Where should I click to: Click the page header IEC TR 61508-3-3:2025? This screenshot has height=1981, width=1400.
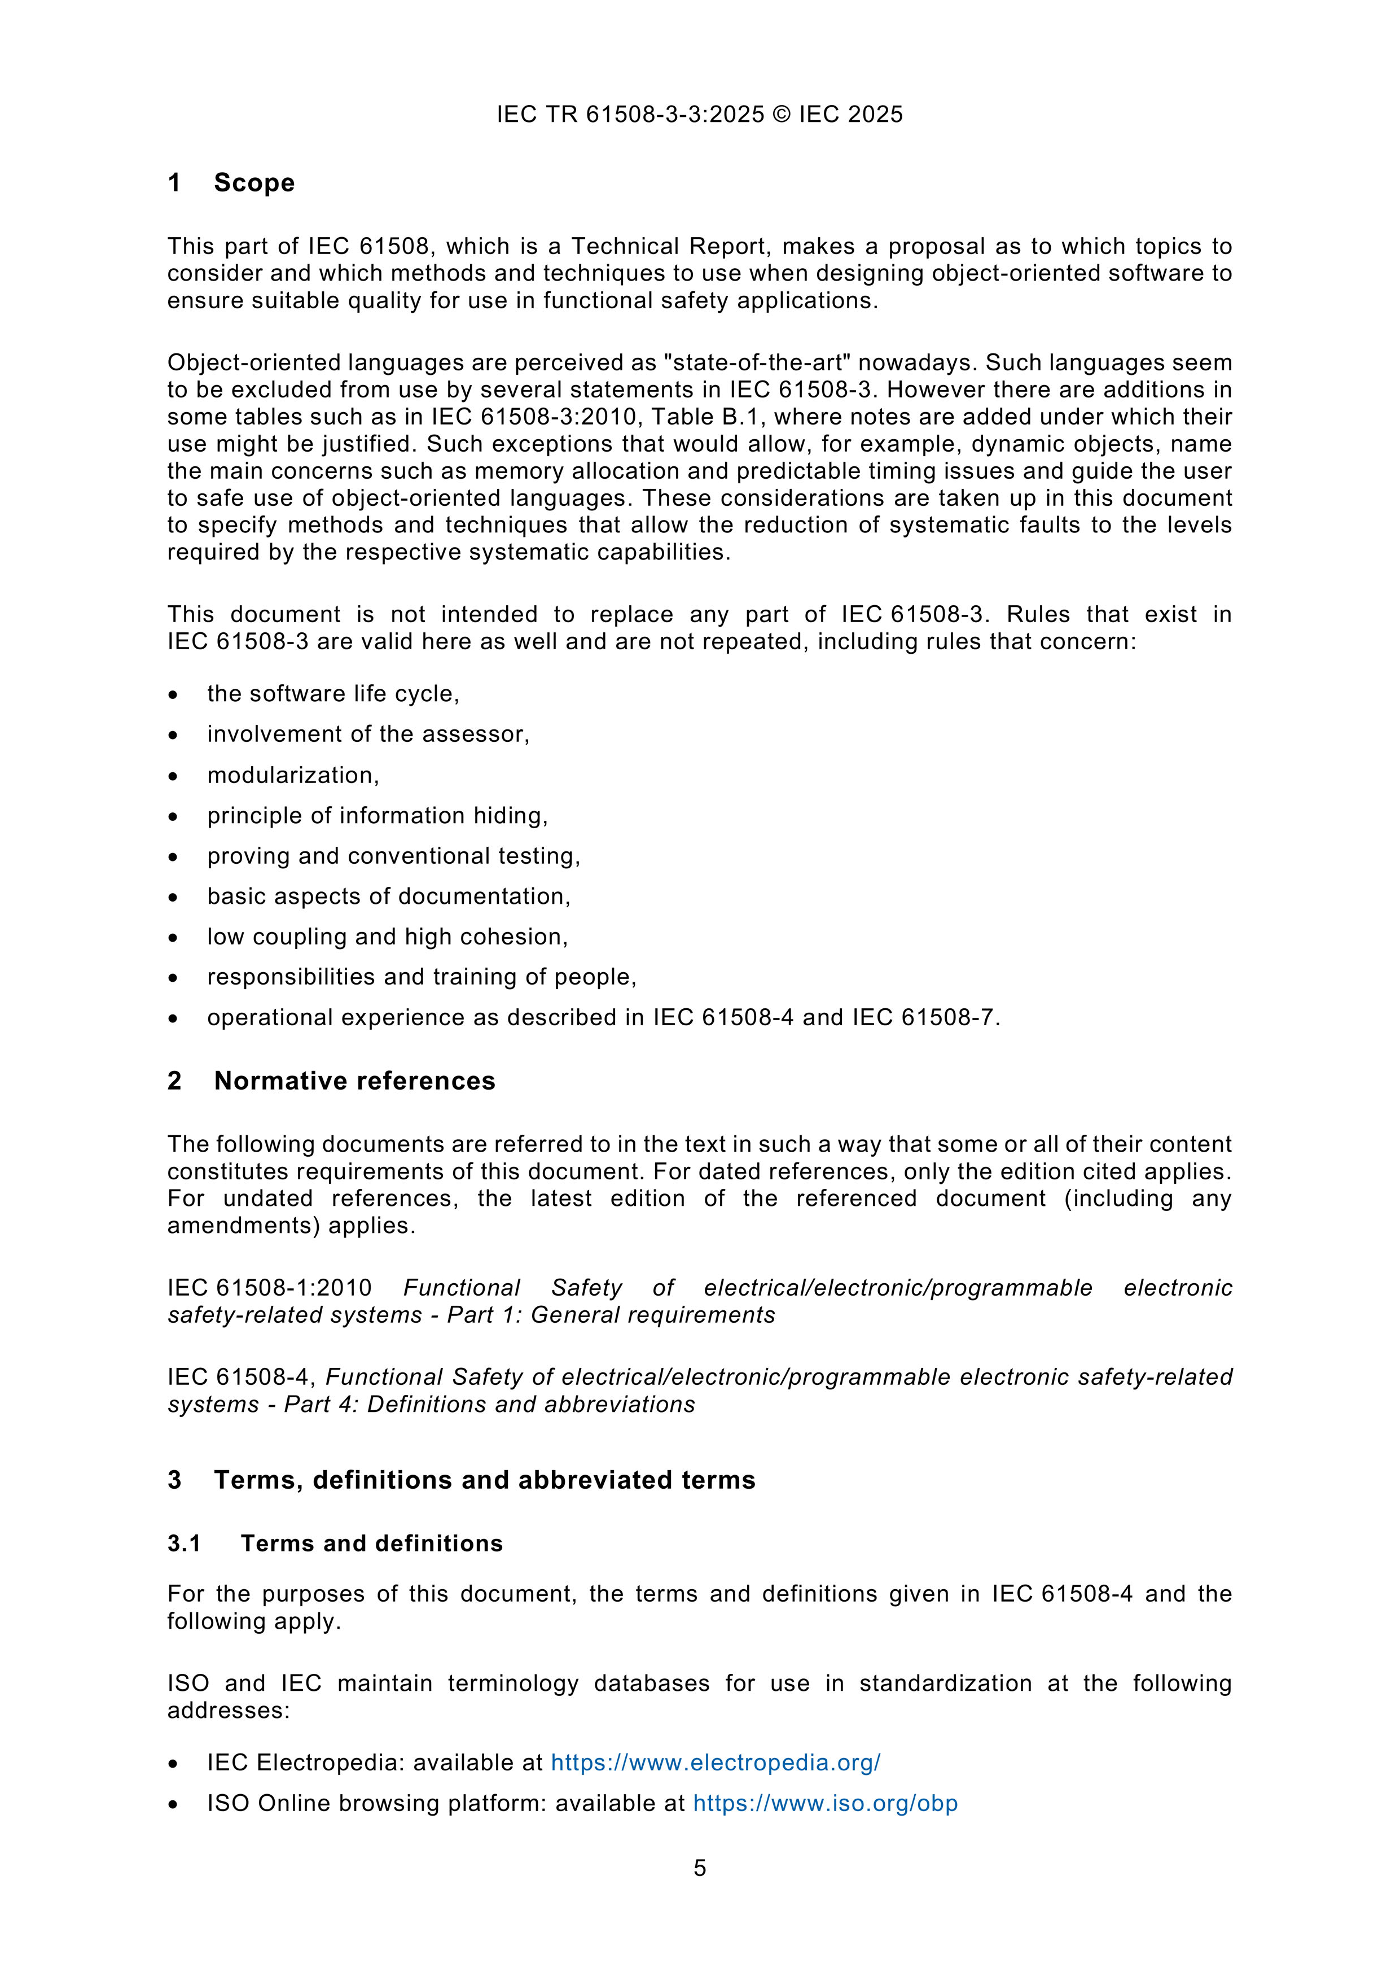630,115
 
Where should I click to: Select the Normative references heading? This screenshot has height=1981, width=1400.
354,1081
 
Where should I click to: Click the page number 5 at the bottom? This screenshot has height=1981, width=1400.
700,1868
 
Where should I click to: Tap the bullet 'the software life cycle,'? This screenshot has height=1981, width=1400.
333,694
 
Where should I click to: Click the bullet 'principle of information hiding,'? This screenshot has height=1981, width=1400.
377,815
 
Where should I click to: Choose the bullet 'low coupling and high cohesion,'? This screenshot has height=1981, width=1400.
387,937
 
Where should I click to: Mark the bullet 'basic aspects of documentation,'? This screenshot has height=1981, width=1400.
388,897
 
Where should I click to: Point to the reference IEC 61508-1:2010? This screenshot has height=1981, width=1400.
269,1288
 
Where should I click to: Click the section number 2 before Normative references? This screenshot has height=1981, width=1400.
174,1081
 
